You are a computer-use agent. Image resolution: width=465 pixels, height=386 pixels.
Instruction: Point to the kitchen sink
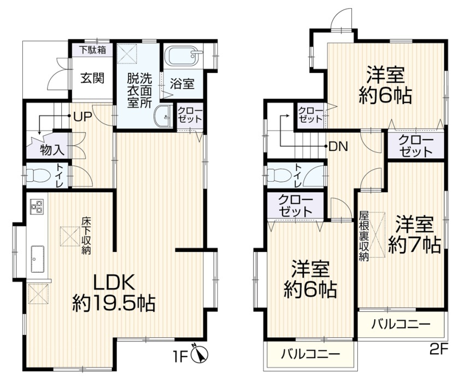coord(38,259)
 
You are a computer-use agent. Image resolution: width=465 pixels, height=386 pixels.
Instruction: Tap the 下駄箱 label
coord(92,50)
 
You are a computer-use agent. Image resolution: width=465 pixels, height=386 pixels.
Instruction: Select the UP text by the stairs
coord(83,117)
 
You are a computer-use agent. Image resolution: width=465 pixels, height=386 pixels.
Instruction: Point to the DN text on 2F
coord(339,147)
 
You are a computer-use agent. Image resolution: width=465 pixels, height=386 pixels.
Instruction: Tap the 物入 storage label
coord(52,150)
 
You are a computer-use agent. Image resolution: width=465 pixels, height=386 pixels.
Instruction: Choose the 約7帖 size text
coord(415,245)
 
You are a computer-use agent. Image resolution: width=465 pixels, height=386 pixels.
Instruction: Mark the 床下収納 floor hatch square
coord(70,236)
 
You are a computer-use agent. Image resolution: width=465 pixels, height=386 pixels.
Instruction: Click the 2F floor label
coord(438,349)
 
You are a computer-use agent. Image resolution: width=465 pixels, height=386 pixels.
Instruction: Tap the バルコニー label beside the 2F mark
coord(401,324)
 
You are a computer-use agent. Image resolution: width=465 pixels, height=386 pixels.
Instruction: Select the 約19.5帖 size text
coord(114,303)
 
